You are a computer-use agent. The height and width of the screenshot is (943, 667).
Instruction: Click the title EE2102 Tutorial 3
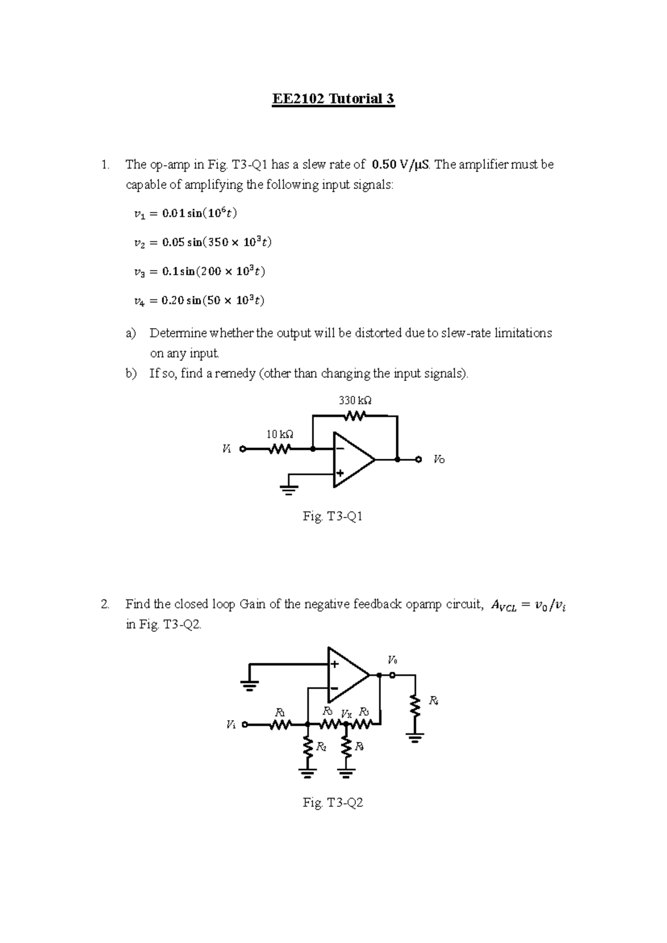pyautogui.click(x=333, y=99)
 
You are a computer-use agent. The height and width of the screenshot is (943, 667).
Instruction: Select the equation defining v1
pyautogui.click(x=189, y=213)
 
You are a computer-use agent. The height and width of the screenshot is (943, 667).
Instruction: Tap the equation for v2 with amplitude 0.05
pyautogui.click(x=203, y=242)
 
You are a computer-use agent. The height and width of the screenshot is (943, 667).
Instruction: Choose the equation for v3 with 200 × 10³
pyautogui.click(x=200, y=272)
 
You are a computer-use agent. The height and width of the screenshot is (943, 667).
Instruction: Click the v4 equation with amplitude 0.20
pyautogui.click(x=199, y=301)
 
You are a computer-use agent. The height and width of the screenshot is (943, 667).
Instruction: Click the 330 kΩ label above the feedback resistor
pyautogui.click(x=355, y=400)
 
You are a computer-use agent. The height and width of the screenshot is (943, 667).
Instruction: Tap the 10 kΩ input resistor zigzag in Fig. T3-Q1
pyautogui.click(x=280, y=449)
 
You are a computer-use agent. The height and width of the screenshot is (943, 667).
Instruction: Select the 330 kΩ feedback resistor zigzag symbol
pyautogui.click(x=355, y=415)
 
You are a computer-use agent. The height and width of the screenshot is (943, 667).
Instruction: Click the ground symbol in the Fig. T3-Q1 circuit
pyautogui.click(x=288, y=489)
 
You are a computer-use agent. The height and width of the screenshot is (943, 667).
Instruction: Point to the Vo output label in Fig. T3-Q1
pyautogui.click(x=439, y=460)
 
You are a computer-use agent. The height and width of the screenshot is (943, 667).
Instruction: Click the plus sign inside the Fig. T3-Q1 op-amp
pyautogui.click(x=340, y=474)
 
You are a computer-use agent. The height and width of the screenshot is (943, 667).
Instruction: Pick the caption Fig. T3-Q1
pyautogui.click(x=333, y=517)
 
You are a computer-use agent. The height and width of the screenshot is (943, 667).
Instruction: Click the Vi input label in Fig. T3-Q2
pyautogui.click(x=231, y=724)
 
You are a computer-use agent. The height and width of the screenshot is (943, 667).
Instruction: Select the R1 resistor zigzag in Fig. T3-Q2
pyautogui.click(x=280, y=724)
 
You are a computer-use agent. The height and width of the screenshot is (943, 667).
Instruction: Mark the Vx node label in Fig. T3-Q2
pyautogui.click(x=346, y=713)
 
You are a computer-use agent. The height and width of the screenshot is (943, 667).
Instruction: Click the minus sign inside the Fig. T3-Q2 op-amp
pyautogui.click(x=334, y=688)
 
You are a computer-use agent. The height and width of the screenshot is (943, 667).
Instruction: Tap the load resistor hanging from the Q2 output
pyautogui.click(x=414, y=706)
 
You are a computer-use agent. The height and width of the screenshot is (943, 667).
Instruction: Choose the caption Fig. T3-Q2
pyautogui.click(x=333, y=803)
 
